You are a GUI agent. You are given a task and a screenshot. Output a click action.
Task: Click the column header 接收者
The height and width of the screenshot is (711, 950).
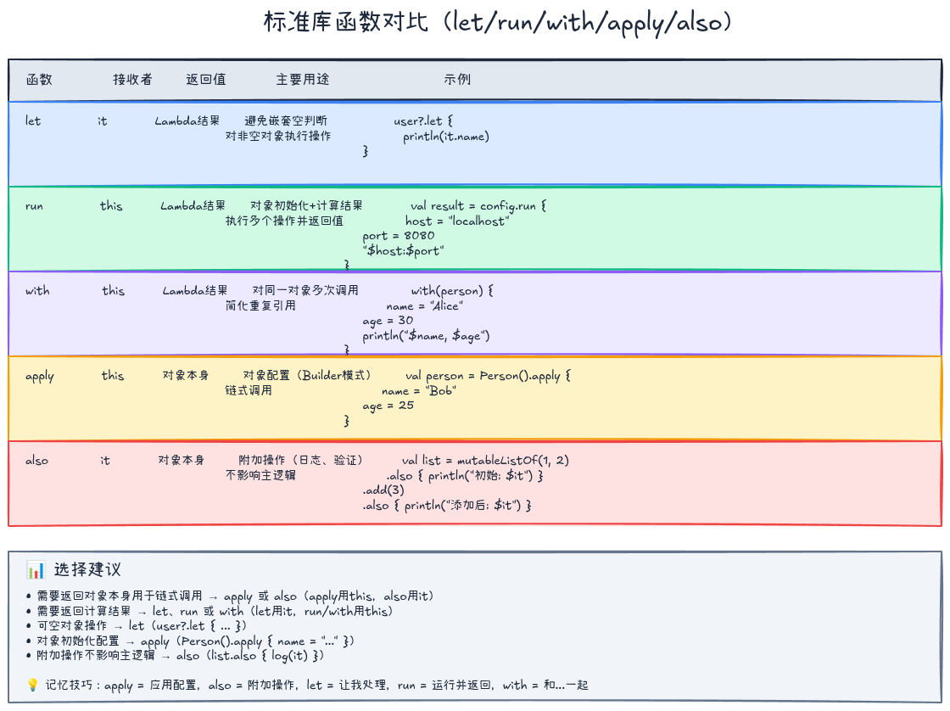(x=133, y=80)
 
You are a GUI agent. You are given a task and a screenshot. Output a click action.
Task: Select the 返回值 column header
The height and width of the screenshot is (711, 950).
(x=206, y=80)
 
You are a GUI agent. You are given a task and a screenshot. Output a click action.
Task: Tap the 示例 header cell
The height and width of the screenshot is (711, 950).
(x=457, y=80)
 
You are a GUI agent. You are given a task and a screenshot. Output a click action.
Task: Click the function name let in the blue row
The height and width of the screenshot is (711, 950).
(x=33, y=121)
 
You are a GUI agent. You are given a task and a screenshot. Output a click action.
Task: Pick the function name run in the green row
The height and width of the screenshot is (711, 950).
(x=34, y=206)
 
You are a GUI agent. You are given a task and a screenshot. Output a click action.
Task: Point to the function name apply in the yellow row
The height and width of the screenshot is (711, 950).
(x=40, y=376)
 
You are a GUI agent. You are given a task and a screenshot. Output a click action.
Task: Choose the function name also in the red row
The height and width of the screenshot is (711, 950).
(x=37, y=461)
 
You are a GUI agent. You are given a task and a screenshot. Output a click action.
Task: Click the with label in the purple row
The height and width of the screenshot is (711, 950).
(x=37, y=291)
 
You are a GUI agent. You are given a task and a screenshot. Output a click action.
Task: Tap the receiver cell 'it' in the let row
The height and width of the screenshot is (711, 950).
(x=103, y=121)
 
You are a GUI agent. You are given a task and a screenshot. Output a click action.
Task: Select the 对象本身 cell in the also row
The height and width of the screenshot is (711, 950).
(x=181, y=461)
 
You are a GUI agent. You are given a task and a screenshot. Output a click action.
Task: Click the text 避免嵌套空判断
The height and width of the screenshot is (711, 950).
(x=286, y=121)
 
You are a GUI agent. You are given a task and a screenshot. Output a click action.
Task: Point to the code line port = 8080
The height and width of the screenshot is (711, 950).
(x=398, y=236)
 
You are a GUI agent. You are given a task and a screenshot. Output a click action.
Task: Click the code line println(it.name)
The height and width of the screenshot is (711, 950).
(x=446, y=137)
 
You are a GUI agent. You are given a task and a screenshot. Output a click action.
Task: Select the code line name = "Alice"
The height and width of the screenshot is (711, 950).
(x=424, y=306)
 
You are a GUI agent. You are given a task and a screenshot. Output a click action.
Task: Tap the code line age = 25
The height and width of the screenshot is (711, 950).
(x=388, y=406)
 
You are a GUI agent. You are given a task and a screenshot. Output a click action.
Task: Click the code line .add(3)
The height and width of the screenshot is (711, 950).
(x=383, y=490)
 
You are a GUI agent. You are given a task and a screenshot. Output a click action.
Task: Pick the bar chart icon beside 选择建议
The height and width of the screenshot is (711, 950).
(x=36, y=569)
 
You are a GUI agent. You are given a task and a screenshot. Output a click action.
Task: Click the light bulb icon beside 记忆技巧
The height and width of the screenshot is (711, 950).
(x=33, y=685)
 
